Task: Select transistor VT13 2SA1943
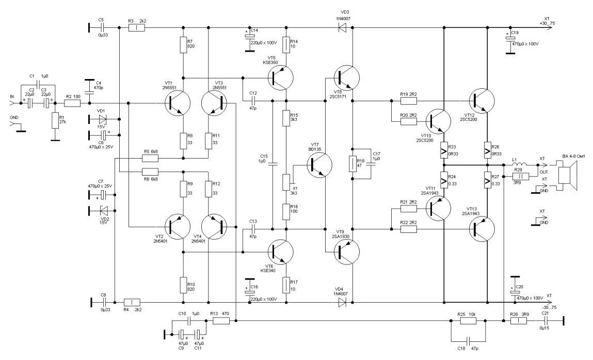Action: tap(482, 229)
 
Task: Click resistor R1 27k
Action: tap(54, 121)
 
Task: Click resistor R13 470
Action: tap(221, 321)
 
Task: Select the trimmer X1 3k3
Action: tap(285, 181)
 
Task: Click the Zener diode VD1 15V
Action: tap(102, 119)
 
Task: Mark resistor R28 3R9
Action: tap(518, 321)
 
